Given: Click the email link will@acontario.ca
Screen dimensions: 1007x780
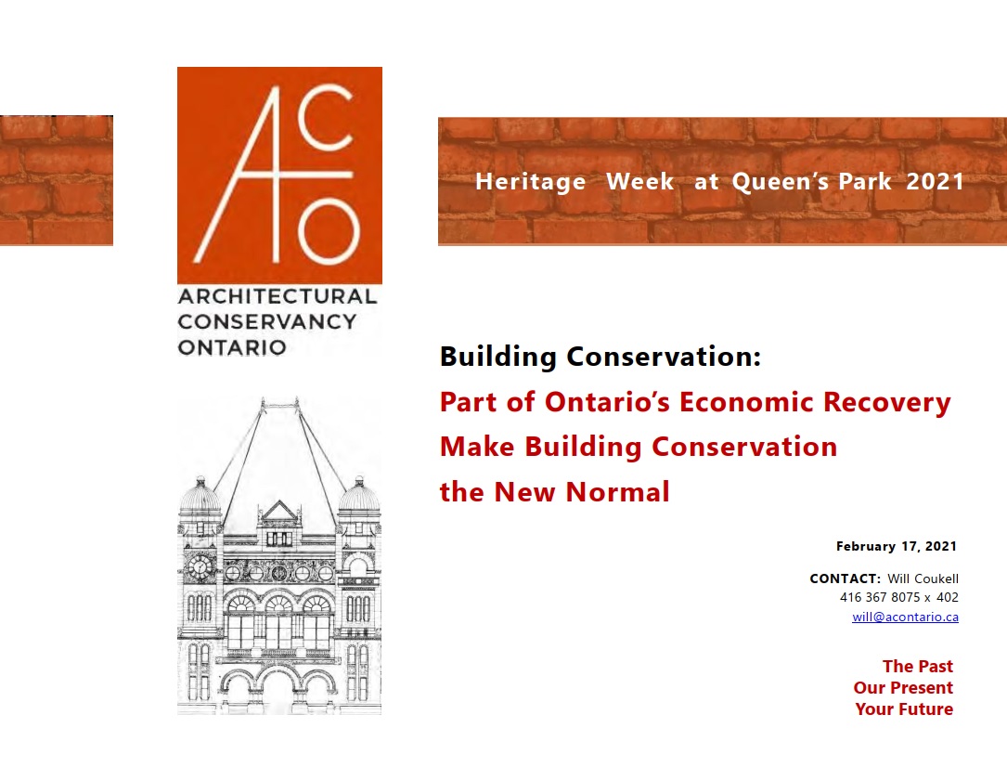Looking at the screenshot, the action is (905, 617).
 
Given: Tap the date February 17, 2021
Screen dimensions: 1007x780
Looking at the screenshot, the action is (896, 546).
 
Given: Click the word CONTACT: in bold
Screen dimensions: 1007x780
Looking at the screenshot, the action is (846, 578).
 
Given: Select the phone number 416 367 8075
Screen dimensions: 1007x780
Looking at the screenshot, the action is (880, 597).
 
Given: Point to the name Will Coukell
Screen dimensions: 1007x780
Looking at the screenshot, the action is (923, 578).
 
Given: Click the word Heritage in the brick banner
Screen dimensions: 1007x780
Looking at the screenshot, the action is (531, 182).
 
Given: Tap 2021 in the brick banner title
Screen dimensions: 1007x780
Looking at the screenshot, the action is (936, 181).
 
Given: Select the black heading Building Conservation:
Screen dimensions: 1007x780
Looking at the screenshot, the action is (600, 357).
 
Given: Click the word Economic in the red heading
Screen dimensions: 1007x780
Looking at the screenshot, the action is (746, 401).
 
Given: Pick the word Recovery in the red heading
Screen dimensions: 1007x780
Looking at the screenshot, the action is (887, 403).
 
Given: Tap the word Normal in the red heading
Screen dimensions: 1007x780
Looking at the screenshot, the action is (618, 491).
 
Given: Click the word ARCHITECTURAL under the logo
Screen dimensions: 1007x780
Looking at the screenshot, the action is (278, 296).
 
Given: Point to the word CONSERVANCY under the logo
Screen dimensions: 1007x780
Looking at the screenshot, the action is (267, 321).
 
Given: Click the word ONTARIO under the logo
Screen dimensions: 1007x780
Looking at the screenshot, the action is (232, 347).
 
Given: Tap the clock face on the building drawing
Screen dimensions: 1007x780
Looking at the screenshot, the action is (200, 566).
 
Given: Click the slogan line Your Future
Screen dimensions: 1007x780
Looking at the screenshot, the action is (904, 709).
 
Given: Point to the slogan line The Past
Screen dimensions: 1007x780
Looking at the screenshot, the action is (918, 667).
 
